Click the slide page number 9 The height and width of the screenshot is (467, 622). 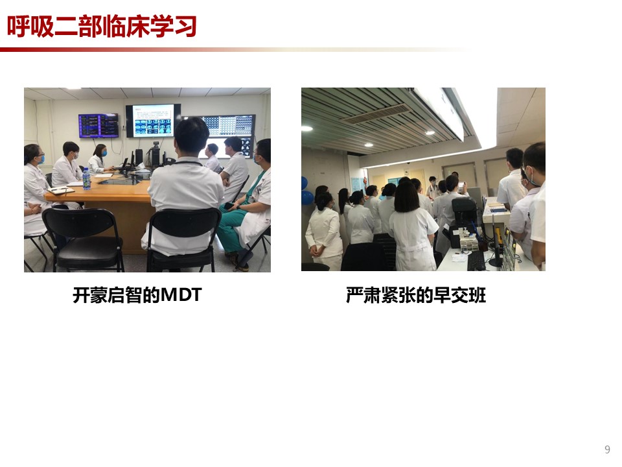tap(607, 449)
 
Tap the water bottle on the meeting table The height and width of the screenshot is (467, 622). tap(86, 178)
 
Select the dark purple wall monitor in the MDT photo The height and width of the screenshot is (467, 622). tap(98, 125)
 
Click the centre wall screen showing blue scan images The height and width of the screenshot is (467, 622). tap(153, 121)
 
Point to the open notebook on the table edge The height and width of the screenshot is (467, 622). tap(62, 190)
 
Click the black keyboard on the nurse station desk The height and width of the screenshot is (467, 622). tap(476, 261)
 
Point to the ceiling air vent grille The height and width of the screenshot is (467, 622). tap(375, 114)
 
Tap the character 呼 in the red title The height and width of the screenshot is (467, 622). tap(19, 27)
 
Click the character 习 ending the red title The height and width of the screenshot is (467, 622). tap(185, 27)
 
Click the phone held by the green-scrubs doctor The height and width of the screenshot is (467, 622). tap(229, 206)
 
